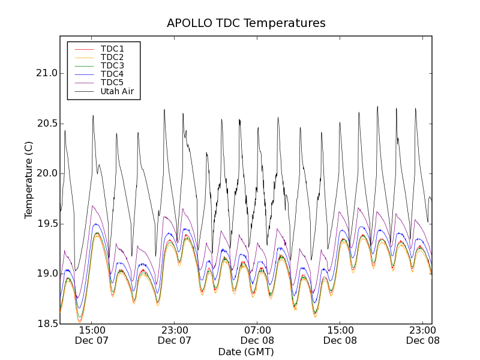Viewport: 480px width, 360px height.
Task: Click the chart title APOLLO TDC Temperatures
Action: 246,23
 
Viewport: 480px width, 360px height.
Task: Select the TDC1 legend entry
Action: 112,49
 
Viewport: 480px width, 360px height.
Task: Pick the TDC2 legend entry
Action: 112,57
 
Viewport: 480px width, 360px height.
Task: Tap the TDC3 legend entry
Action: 112,65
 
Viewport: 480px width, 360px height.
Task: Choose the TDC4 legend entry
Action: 112,74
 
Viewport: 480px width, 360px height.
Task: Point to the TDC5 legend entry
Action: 112,83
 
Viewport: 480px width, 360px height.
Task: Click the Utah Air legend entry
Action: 117,92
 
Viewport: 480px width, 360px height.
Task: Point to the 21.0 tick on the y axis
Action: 46,73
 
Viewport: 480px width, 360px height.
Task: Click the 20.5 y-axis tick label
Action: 46,124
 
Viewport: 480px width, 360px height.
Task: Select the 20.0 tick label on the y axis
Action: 46,173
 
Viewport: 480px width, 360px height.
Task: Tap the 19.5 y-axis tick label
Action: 46,224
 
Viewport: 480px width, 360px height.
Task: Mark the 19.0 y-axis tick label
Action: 46,274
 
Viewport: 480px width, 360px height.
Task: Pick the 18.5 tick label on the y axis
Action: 46,323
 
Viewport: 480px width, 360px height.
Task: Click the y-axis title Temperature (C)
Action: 29,180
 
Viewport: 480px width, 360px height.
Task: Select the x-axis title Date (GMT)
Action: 246,352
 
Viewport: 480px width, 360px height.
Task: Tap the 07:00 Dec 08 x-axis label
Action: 257,335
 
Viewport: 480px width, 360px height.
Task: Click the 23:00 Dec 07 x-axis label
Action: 175,335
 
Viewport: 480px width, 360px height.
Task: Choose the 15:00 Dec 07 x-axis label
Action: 92,335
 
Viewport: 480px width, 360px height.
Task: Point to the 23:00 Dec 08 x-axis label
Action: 423,335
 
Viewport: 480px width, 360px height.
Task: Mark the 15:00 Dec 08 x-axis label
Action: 340,335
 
